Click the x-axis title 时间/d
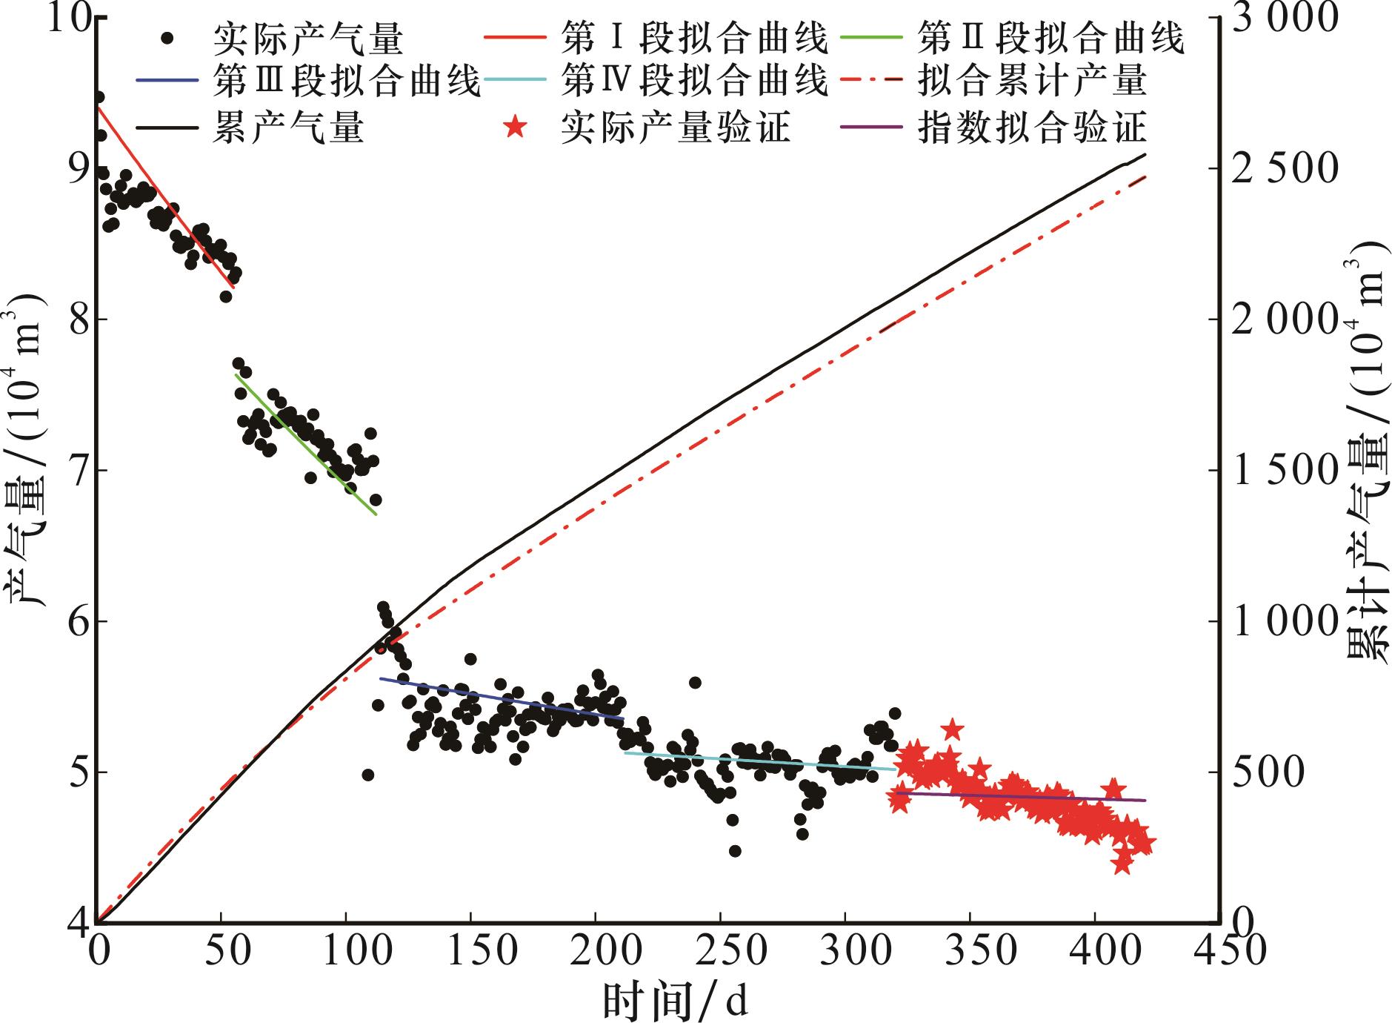coord(675,1000)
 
